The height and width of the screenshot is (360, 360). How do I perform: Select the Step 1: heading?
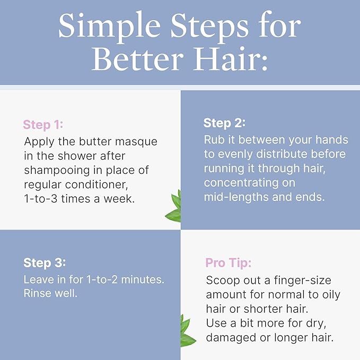43,125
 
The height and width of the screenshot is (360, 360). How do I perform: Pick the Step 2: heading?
224,124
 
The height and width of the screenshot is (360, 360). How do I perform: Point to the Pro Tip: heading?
228,264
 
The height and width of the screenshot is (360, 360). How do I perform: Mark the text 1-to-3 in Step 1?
41,199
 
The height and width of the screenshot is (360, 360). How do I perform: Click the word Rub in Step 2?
214,140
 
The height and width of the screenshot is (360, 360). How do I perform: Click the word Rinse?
39,293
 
